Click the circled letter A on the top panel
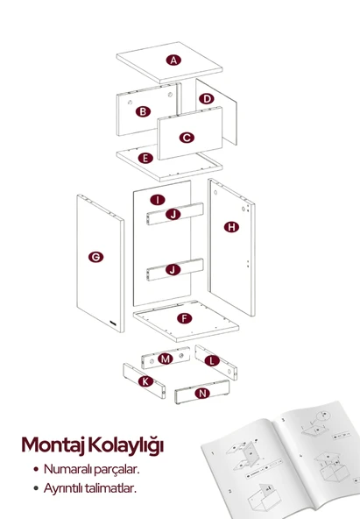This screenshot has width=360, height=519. click(x=174, y=60)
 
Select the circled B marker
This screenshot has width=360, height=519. click(x=142, y=111)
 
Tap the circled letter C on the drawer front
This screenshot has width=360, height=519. click(x=187, y=138)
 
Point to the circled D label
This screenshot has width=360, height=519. click(x=207, y=99)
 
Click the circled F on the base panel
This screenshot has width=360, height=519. click(x=184, y=317)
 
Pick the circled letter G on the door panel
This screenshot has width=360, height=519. click(x=95, y=257)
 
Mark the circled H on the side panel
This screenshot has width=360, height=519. click(x=231, y=227)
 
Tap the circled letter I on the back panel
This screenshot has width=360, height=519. click(x=156, y=200)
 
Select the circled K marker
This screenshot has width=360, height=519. click(x=146, y=381)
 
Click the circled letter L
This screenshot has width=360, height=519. click(x=211, y=360)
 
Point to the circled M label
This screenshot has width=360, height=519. click(x=165, y=360)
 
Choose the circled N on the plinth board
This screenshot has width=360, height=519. click(x=203, y=394)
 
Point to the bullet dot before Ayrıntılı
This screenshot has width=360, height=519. click(x=35, y=488)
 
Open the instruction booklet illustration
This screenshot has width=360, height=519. click(x=280, y=460)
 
